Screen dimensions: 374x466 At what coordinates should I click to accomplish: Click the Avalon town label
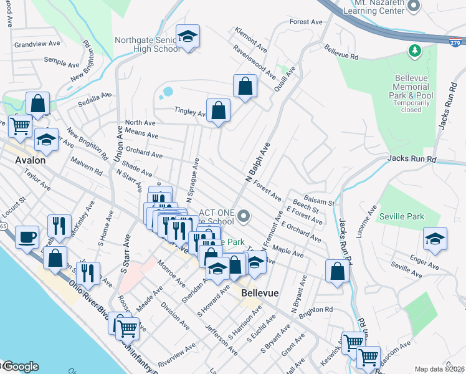[30, 160]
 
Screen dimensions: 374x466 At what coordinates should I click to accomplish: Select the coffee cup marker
[28, 237]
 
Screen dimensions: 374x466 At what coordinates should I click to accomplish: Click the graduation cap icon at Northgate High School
[187, 37]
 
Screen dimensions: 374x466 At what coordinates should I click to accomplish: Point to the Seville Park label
[401, 217]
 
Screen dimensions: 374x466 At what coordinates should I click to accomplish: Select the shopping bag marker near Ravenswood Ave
[245, 86]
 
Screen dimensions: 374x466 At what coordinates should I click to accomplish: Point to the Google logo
[20, 367]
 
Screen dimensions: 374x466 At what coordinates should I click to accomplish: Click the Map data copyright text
[440, 369]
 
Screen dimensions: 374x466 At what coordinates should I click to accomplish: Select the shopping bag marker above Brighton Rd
[337, 271]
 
